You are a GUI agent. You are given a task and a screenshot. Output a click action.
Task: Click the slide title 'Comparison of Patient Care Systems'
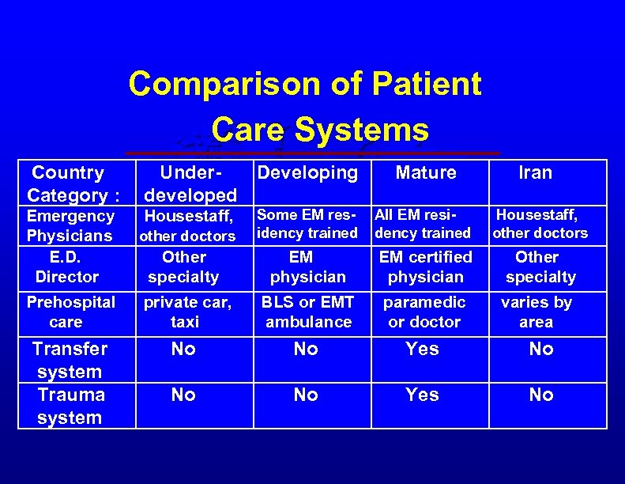click(x=305, y=106)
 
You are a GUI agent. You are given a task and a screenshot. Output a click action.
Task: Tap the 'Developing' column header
click(x=307, y=172)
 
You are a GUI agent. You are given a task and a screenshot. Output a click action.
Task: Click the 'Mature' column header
click(x=426, y=172)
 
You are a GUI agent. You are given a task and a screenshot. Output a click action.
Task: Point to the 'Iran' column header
click(x=535, y=172)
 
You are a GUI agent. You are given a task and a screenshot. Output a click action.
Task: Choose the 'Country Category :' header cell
click(x=68, y=183)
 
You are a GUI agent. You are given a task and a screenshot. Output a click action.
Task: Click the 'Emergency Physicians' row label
click(x=70, y=226)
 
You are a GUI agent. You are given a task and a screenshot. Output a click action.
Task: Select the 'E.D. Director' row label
click(x=68, y=267)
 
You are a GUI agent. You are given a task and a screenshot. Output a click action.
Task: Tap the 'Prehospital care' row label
click(x=70, y=312)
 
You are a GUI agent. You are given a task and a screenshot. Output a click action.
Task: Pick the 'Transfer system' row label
click(x=70, y=360)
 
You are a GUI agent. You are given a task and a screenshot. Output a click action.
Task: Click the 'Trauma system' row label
click(x=70, y=406)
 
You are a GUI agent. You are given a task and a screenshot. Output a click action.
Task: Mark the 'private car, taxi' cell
click(x=185, y=312)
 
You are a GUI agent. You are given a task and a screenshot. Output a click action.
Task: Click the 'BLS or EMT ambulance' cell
click(x=308, y=312)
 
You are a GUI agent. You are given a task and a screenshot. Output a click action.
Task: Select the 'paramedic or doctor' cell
click(x=424, y=312)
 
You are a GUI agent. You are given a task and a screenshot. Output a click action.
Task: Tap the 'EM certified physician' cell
click(x=425, y=267)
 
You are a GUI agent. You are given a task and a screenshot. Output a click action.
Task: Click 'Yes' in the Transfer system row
click(x=422, y=349)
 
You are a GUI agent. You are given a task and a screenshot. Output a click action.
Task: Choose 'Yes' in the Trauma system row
click(x=422, y=395)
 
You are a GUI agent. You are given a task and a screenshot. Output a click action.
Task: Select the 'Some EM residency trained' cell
click(x=307, y=224)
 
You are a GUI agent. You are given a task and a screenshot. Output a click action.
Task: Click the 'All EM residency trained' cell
click(x=423, y=224)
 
